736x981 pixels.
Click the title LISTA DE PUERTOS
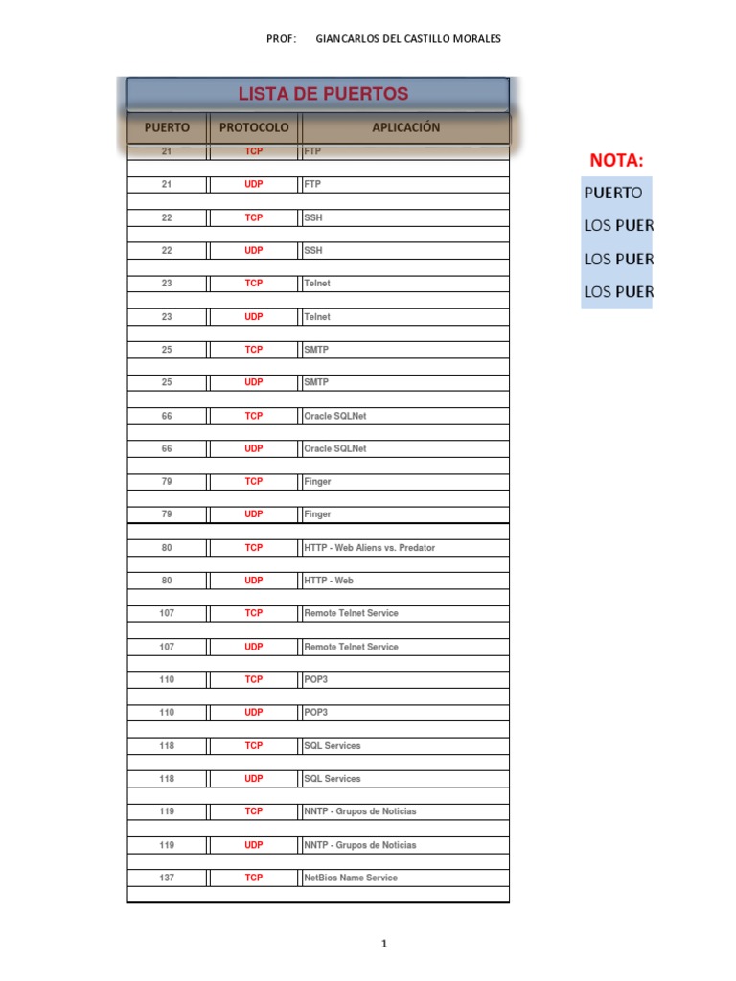pyautogui.click(x=323, y=94)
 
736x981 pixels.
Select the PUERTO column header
pyautogui.click(x=167, y=127)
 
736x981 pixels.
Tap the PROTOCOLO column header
pyautogui.click(x=253, y=127)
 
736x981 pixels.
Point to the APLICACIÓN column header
pyautogui.click(x=405, y=127)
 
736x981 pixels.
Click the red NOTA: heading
pyautogui.click(x=616, y=159)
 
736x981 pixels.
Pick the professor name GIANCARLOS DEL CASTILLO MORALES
pyautogui.click(x=407, y=38)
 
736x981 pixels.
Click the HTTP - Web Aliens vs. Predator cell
pyautogui.click(x=369, y=548)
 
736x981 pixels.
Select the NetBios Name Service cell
pyautogui.click(x=350, y=878)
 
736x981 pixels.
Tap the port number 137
pyautogui.click(x=167, y=878)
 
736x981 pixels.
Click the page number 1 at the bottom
pyautogui.click(x=384, y=945)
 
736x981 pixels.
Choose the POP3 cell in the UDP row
pyautogui.click(x=317, y=713)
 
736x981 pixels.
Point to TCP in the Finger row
pyautogui.click(x=253, y=481)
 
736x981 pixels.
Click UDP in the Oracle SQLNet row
pyautogui.click(x=253, y=448)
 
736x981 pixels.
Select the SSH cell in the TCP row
pyautogui.click(x=313, y=217)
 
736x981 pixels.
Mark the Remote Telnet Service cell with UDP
pyautogui.click(x=351, y=647)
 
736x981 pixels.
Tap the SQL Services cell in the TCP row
pyautogui.click(x=332, y=745)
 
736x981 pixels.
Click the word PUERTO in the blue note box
pyautogui.click(x=613, y=193)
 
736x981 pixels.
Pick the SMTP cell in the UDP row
pyautogui.click(x=316, y=382)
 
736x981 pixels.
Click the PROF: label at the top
pyautogui.click(x=282, y=38)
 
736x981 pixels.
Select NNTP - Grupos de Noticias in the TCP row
pyautogui.click(x=359, y=811)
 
